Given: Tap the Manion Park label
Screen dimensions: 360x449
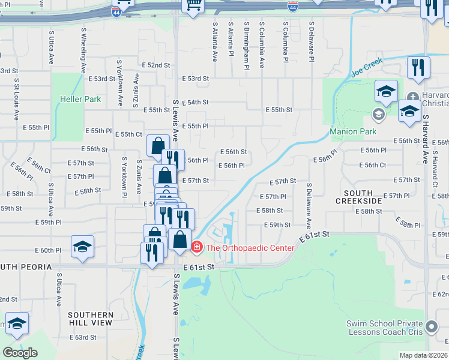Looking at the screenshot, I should [x=353, y=132].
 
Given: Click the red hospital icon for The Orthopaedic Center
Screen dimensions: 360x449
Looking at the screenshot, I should [x=196, y=247].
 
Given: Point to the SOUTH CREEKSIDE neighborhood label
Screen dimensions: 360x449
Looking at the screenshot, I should [x=363, y=197].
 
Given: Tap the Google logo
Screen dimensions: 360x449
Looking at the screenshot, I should [x=20, y=353].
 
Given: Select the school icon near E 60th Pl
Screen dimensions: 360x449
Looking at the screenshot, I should [x=82, y=247].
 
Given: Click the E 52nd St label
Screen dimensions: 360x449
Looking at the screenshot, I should [x=155, y=65].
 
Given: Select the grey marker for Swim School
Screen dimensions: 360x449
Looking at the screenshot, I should [x=430, y=328].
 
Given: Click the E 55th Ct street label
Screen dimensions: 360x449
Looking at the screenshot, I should [x=128, y=134].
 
